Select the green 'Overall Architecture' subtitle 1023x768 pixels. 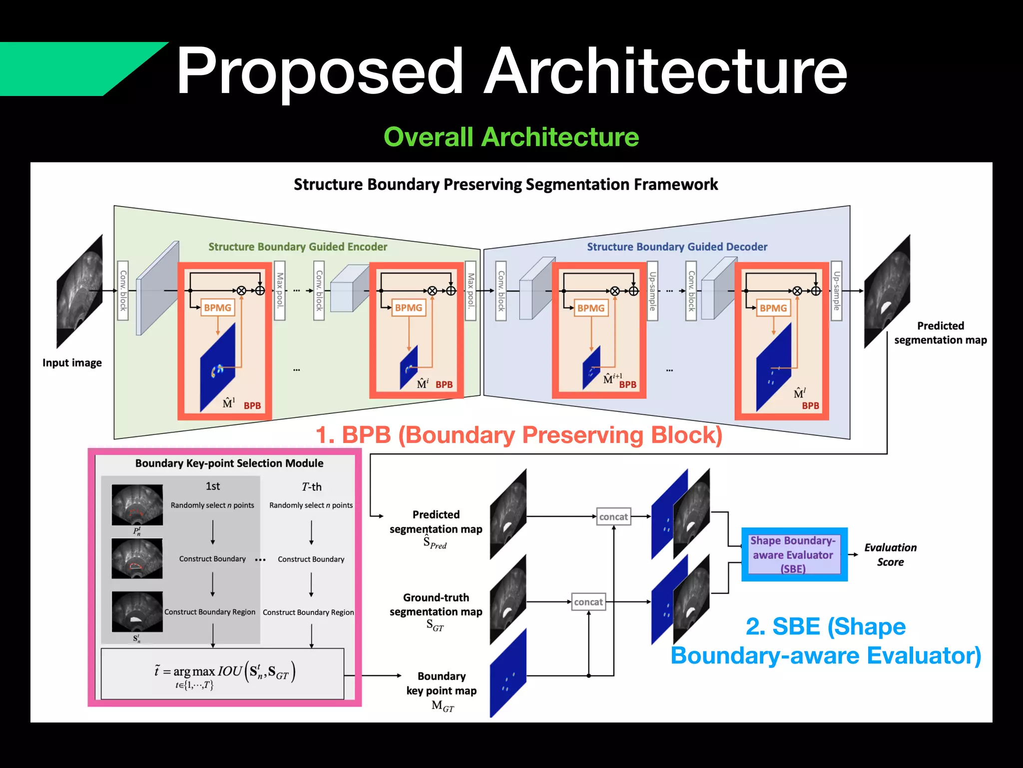[511, 137]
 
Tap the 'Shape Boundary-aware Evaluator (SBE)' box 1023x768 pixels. [794, 554]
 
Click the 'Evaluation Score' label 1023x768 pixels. [890, 554]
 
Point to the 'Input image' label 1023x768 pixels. [72, 363]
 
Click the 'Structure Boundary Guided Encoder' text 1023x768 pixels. [298, 247]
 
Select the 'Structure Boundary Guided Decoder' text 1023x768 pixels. [677, 247]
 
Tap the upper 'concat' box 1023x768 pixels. [613, 516]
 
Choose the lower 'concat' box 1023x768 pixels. [588, 602]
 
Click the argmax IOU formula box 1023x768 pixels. [222, 673]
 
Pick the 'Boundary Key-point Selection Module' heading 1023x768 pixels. [229, 463]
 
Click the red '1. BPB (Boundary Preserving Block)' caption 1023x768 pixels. [519, 435]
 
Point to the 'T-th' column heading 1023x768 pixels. [312, 486]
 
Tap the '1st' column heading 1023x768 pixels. [213, 486]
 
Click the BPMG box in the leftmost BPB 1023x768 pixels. [218, 307]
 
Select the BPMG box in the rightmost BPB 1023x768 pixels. [773, 308]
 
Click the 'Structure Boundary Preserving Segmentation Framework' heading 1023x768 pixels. [506, 184]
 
